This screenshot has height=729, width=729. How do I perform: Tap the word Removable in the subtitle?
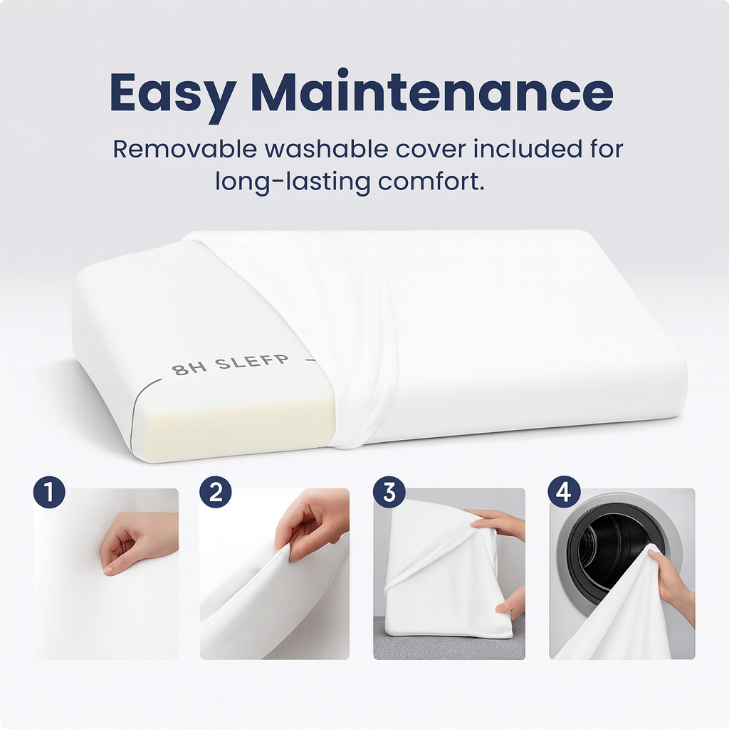(x=185, y=150)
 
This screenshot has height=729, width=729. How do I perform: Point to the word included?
(x=528, y=150)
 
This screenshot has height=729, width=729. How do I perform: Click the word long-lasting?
(x=293, y=182)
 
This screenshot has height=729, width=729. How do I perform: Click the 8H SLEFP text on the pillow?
(x=230, y=364)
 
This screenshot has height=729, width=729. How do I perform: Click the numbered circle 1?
(x=49, y=492)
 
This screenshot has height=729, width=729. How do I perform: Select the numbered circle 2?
(x=216, y=492)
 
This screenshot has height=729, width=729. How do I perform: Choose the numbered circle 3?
(x=389, y=492)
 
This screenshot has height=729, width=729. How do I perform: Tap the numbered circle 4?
(x=564, y=492)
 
